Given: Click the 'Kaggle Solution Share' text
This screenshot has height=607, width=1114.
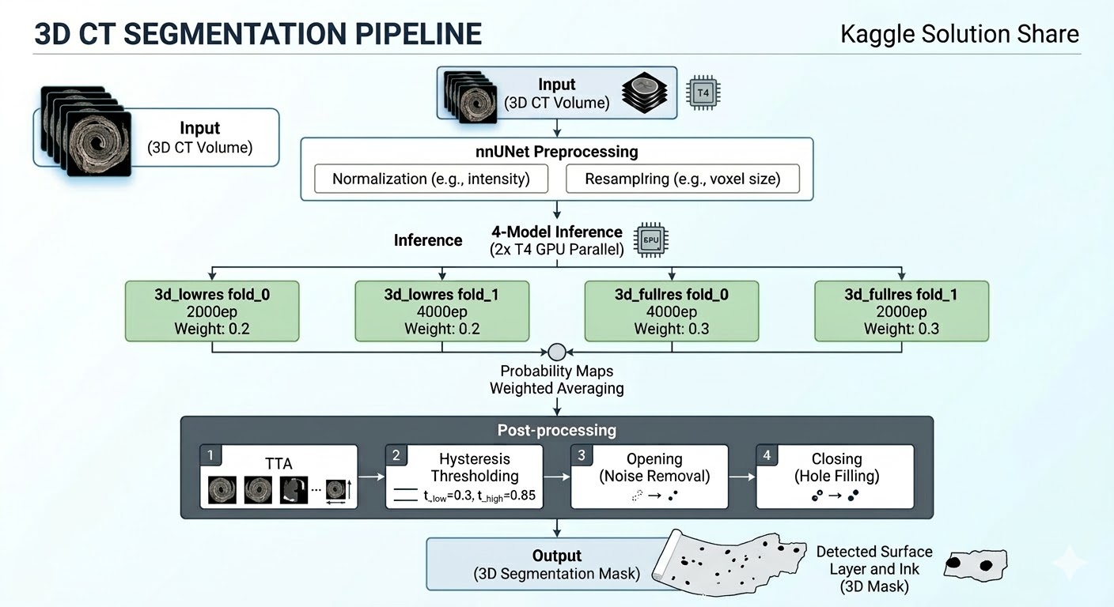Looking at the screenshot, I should click(x=959, y=34).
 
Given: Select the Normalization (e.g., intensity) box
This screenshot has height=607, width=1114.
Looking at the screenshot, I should click(x=431, y=179).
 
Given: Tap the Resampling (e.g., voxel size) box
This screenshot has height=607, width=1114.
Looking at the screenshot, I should click(x=683, y=179).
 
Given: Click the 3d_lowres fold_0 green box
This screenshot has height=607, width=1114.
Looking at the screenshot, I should click(x=212, y=311).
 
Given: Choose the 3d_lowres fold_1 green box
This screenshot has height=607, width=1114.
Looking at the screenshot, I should click(x=442, y=311).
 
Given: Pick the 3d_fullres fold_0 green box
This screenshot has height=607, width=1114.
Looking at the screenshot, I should click(x=671, y=311).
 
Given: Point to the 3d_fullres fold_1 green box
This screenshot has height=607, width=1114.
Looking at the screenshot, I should click(x=901, y=311).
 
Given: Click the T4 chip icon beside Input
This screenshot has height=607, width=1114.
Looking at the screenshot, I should click(x=703, y=92).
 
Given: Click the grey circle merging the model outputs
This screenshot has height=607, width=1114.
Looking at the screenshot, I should click(x=556, y=352).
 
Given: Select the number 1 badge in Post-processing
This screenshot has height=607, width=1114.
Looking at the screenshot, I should click(x=210, y=455).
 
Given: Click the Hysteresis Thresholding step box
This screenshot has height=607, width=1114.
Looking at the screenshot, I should click(x=464, y=476).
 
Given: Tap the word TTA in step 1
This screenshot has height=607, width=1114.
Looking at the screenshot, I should click(x=278, y=464).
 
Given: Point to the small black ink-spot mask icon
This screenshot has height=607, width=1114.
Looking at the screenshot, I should click(x=976, y=565).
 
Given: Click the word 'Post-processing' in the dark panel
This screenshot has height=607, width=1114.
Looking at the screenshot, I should click(x=556, y=431).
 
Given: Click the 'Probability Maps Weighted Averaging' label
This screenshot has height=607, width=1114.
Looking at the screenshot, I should click(x=556, y=379).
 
